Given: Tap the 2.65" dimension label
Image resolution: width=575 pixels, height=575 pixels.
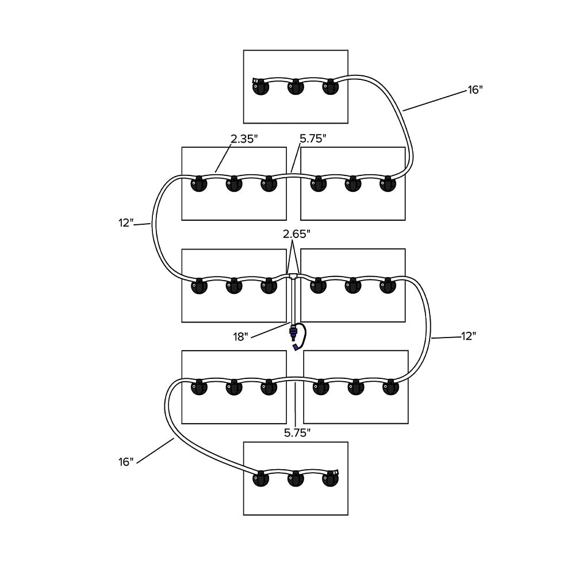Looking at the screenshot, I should click(x=296, y=234).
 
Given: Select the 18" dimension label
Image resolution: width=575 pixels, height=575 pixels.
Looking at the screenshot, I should click(x=240, y=336).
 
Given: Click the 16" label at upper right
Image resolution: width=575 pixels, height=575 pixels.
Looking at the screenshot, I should click(x=474, y=90).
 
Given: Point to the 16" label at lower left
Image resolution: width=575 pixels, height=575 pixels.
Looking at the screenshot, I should click(x=125, y=461).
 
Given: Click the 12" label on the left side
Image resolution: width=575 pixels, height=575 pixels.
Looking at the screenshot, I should click(x=126, y=223).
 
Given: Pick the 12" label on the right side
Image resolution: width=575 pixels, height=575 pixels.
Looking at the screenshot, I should click(x=469, y=336).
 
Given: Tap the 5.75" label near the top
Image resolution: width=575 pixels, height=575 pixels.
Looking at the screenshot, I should click(x=313, y=139).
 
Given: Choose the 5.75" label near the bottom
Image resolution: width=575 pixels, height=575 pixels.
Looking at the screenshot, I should click(x=297, y=432).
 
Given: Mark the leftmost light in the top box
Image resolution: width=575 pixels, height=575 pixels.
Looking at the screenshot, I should click(x=261, y=88).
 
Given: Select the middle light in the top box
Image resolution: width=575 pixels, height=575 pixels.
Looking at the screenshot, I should click(x=296, y=88).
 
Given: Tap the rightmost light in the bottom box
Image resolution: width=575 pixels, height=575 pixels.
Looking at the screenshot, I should click(x=330, y=479).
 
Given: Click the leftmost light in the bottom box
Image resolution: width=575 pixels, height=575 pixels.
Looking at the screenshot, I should click(x=261, y=479).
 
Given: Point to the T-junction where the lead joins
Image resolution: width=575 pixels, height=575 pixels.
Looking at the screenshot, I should click(x=294, y=277).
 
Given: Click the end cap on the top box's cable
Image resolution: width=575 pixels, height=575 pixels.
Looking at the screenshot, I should click(x=255, y=81).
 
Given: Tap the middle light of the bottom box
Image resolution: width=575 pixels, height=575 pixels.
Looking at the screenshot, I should click(x=296, y=479).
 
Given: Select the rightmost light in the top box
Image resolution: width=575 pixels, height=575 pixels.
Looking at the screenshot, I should click(x=330, y=88).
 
